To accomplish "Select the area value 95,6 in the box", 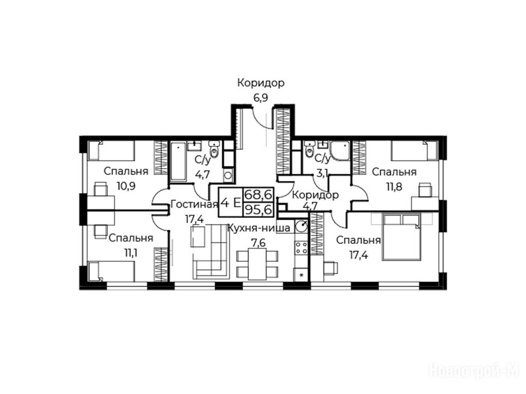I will pos(259,209).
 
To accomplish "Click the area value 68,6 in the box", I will pos(259,194).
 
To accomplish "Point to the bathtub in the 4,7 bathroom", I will pos(178,161).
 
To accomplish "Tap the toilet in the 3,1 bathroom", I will pos(310,150).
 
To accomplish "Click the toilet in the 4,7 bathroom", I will pos(214,151).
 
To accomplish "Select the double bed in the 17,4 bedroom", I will pos(402,238).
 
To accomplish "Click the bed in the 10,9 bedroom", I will pos(111,151).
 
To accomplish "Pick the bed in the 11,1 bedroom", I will pos(111,270).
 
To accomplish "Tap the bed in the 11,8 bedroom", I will pos(414,150).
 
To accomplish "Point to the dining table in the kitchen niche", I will pos(257,264).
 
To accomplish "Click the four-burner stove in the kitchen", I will pos(302,248).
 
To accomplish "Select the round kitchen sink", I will pos(302,226).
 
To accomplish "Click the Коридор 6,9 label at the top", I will pos(260,89).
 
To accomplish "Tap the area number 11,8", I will pos(394,186).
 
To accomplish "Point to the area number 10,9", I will pos(126,186).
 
